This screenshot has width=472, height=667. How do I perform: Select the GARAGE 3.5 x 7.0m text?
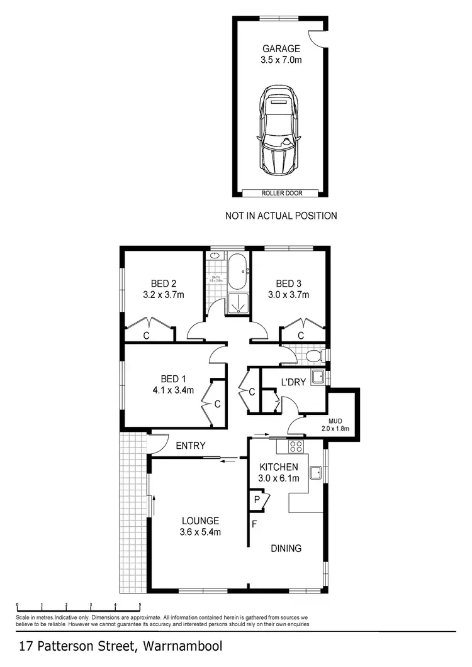coord(281,54)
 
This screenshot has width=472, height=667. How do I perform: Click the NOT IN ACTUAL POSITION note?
coord(281,216)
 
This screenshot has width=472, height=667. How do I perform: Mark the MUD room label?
coord(335,421)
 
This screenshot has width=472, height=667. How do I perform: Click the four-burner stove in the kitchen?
coord(295,446)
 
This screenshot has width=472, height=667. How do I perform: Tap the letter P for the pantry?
coord(257,501)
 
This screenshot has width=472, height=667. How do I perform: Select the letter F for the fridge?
coord(254,523)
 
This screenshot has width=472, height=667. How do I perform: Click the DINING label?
coord(286,548)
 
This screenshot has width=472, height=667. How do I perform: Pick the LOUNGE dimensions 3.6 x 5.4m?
coord(200,532)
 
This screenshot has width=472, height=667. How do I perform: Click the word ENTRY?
coord(190,446)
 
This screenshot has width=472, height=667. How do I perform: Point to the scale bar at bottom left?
coord(78,607)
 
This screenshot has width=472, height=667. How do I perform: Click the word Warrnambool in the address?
coord(183,646)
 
